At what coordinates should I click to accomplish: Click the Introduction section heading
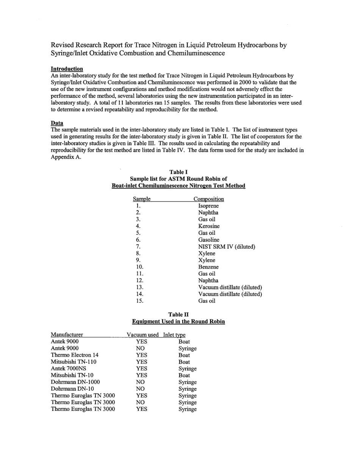click(x=67, y=69)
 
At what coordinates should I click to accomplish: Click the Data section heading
click(x=57, y=123)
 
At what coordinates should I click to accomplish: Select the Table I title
click(x=178, y=172)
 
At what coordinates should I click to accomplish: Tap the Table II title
click(x=178, y=314)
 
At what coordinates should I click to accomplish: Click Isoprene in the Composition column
click(x=208, y=206)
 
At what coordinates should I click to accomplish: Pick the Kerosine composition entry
click(x=209, y=226)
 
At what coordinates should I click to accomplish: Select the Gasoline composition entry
click(x=209, y=240)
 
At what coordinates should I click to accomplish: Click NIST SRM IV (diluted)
click(x=226, y=247)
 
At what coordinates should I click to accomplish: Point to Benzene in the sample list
click(x=208, y=267)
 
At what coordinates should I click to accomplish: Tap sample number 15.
click(x=139, y=301)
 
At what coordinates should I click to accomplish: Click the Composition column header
click(x=208, y=199)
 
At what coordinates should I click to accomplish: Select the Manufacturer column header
click(x=67, y=335)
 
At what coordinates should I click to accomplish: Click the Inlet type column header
click(x=174, y=335)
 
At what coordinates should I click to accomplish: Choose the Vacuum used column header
click(x=142, y=335)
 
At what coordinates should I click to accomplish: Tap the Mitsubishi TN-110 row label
click(x=74, y=362)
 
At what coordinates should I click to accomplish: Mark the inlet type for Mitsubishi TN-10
click(x=184, y=375)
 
